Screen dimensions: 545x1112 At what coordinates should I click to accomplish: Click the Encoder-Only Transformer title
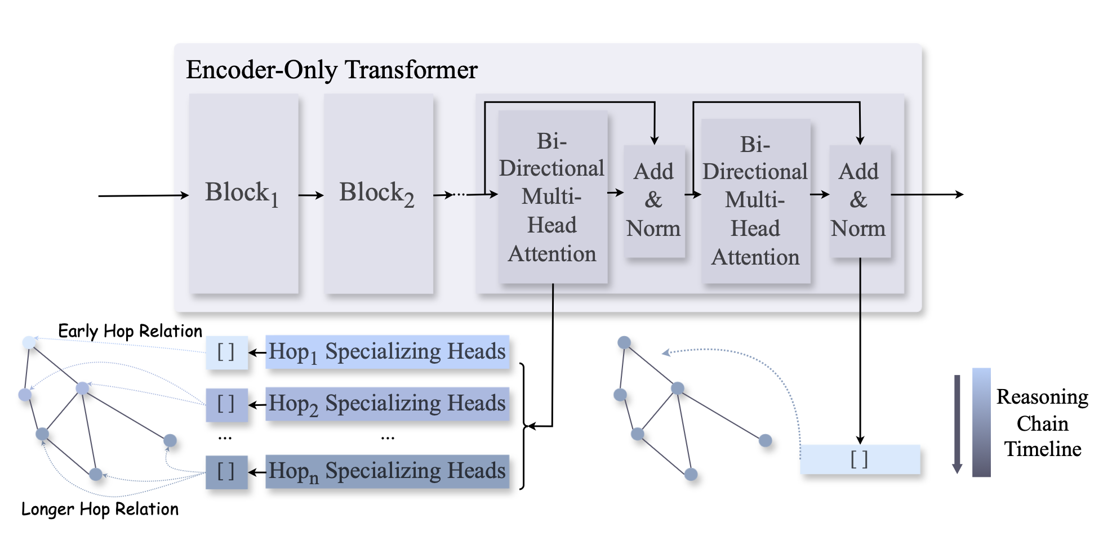[x=331, y=70]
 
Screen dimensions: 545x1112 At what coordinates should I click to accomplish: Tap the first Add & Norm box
[x=653, y=200]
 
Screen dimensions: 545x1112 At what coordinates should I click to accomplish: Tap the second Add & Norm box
[x=859, y=200]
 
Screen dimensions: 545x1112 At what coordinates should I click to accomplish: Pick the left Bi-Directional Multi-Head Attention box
[x=552, y=197]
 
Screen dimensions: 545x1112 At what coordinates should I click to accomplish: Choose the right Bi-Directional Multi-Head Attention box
[x=755, y=200]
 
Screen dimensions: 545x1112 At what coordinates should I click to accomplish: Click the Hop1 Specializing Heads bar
[x=387, y=352]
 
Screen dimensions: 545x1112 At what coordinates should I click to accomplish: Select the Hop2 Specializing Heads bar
[x=387, y=404]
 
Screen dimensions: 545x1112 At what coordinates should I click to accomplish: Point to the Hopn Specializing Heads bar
[x=387, y=471]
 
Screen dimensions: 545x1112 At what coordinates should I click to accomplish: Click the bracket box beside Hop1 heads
[x=226, y=352]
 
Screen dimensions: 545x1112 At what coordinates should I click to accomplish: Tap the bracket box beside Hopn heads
[x=226, y=472]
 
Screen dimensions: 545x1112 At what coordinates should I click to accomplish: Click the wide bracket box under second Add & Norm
[x=860, y=459]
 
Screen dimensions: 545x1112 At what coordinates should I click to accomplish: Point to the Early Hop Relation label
[x=130, y=331]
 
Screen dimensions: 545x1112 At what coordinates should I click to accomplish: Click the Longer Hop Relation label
[x=100, y=509]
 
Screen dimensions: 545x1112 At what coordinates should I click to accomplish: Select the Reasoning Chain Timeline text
[x=1042, y=423]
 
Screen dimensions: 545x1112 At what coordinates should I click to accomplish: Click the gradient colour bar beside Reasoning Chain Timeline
[x=981, y=422]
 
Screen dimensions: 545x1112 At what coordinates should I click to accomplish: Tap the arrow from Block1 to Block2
[x=311, y=195]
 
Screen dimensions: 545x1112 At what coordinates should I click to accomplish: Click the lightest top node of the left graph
[x=29, y=342]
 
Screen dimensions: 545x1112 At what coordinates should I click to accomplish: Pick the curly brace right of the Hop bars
[x=524, y=426]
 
